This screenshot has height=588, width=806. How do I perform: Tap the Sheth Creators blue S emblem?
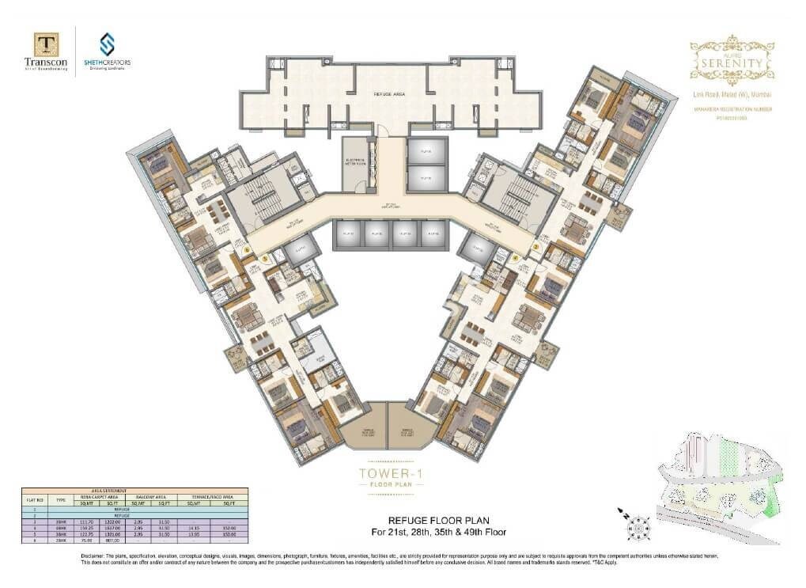pyautogui.click(x=106, y=44)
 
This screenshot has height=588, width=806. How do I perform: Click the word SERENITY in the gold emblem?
pyautogui.click(x=732, y=61)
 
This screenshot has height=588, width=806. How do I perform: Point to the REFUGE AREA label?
pyautogui.click(x=389, y=93)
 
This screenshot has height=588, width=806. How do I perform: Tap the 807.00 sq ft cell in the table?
pyautogui.click(x=108, y=541)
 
